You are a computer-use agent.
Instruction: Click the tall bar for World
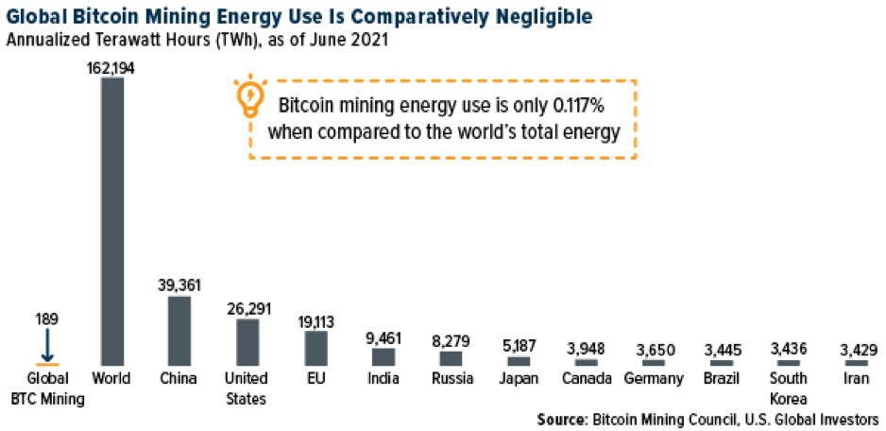tap(111, 221)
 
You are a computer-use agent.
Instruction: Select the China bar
tap(179, 331)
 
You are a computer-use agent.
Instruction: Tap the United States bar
tap(247, 341)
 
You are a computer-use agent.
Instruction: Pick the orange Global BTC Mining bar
tap(47, 364)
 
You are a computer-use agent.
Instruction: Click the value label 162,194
tap(111, 69)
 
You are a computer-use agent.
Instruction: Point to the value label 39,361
tap(179, 284)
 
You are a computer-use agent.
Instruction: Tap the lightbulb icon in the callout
tap(249, 98)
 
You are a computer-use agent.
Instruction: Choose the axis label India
tap(383, 380)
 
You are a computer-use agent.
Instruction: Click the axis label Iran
tap(857, 380)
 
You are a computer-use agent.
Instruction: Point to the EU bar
tap(316, 347)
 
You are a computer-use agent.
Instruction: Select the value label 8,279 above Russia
tap(452, 338)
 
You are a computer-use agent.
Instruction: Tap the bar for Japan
tap(519, 360)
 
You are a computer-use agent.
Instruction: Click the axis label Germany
tap(655, 380)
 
